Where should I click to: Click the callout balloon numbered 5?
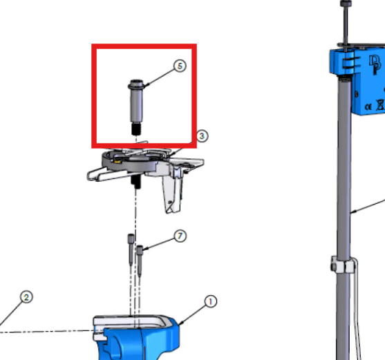[180, 66]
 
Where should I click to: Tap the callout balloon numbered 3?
[202, 136]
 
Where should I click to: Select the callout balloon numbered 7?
[180, 236]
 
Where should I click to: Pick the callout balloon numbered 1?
[210, 301]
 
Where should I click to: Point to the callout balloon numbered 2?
[26, 297]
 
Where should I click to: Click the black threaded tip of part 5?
[136, 129]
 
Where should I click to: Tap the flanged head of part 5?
[135, 84]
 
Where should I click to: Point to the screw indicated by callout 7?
[140, 260]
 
